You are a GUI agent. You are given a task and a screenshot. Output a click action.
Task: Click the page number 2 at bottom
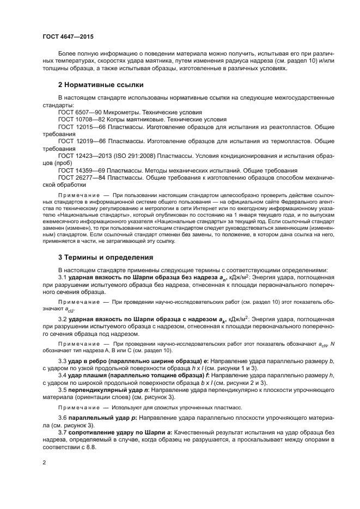pos(44,462)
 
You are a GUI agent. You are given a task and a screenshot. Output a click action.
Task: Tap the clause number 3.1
pos(63,277)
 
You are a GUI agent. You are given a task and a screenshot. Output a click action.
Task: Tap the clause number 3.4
pos(63,375)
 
